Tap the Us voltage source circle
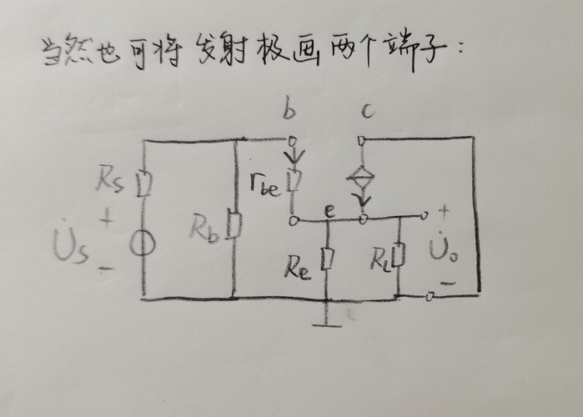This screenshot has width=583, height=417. tap(143, 244)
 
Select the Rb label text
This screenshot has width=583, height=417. tap(204, 227)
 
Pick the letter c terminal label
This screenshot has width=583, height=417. tap(367, 110)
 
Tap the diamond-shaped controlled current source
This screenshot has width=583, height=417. tap(363, 178)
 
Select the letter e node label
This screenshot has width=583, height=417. tap(329, 212)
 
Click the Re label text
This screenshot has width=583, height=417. tap(297, 267)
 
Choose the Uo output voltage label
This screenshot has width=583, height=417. tap(440, 249)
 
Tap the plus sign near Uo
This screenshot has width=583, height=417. tap(444, 212)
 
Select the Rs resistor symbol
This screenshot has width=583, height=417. tap(143, 182)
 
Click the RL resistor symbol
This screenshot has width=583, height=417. tap(400, 255)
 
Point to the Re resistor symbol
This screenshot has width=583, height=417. tap(328, 259)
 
